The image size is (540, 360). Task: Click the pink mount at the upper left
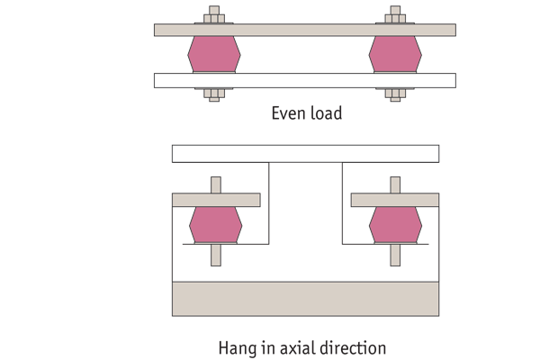pyautogui.click(x=214, y=54)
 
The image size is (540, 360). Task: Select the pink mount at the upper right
pyautogui.click(x=395, y=54)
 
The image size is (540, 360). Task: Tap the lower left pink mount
pyautogui.click(x=215, y=224)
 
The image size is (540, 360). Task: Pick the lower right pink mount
pyautogui.click(x=395, y=224)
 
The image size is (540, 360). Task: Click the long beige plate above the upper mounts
pyautogui.click(x=304, y=30)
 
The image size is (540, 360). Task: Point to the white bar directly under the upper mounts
pyautogui.click(x=304, y=80)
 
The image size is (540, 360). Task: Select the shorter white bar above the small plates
pyautogui.click(x=305, y=153)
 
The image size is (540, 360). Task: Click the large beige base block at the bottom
pyautogui.click(x=305, y=298)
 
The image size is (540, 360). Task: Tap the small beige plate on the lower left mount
pyautogui.click(x=216, y=200)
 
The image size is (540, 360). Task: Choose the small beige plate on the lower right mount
pyautogui.click(x=395, y=200)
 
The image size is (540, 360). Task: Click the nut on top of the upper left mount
pyautogui.click(x=214, y=19)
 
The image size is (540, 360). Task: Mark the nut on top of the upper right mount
pyautogui.click(x=395, y=19)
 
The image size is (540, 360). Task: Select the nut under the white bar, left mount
pyautogui.click(x=214, y=93)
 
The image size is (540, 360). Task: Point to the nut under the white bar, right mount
pyautogui.click(x=395, y=93)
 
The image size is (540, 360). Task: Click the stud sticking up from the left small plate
pyautogui.click(x=216, y=184)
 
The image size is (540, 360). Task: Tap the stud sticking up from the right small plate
pyautogui.click(x=395, y=184)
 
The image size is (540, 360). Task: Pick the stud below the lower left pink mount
pyautogui.click(x=216, y=255)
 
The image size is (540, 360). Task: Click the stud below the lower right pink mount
pyautogui.click(x=395, y=255)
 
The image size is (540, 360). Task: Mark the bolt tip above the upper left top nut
pyautogui.click(x=214, y=10)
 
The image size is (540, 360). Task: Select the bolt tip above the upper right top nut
pyautogui.click(x=395, y=10)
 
